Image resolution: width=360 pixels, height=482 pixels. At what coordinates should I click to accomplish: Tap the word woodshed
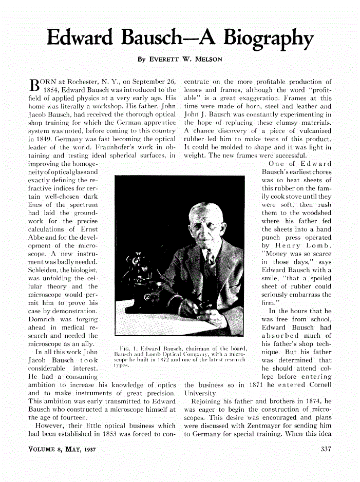click(x=308, y=213)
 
